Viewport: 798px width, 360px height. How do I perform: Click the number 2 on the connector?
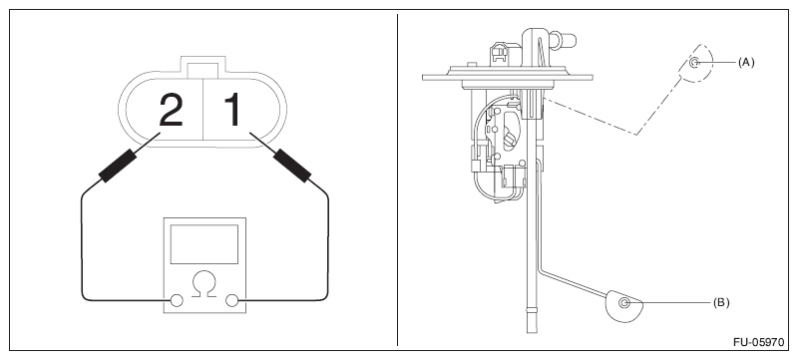coord(171,110)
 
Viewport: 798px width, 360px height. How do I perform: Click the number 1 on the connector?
coord(232,110)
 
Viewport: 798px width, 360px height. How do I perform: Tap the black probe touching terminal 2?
coord(118,166)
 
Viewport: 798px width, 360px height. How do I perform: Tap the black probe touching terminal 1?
coord(291,166)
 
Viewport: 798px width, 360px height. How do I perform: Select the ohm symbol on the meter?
coord(204,284)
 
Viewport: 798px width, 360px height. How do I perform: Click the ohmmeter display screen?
coord(204,244)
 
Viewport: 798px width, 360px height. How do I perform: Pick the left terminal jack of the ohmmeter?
coord(177,300)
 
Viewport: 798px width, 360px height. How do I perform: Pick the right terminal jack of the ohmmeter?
coord(231,300)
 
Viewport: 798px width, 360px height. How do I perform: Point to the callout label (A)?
coord(746,62)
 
